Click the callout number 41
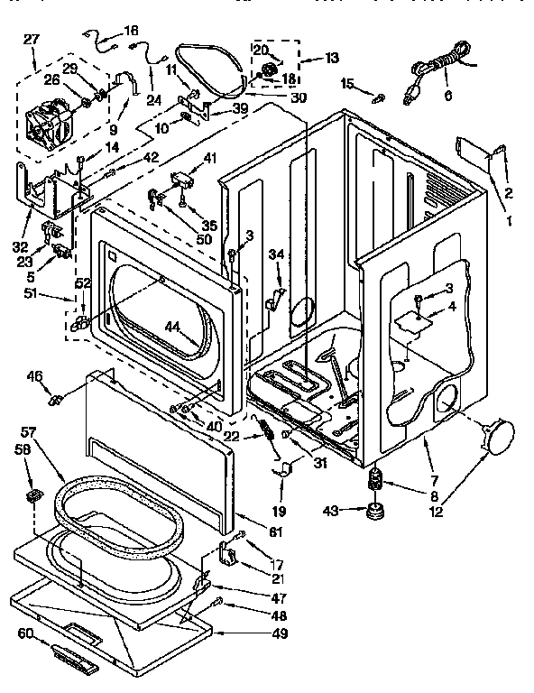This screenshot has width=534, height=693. (210, 159)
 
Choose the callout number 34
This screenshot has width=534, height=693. (276, 255)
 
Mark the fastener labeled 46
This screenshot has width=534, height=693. (57, 397)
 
